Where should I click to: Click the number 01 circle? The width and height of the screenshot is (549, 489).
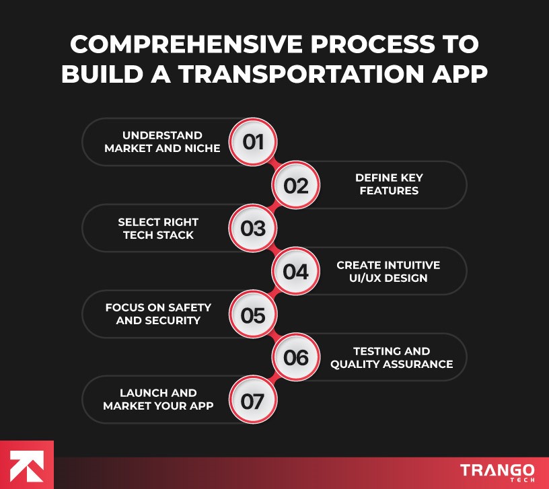tap(253, 142)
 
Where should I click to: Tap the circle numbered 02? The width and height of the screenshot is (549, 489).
tap(295, 185)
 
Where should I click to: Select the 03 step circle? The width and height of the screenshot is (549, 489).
tap(253, 229)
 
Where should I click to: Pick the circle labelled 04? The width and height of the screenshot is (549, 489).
tap(295, 272)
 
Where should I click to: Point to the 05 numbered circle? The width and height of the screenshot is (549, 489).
tap(253, 315)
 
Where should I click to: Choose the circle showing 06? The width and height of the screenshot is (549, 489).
tap(295, 358)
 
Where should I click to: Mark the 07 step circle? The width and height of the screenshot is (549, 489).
tap(253, 402)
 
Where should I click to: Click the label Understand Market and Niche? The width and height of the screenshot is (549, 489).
tap(162, 142)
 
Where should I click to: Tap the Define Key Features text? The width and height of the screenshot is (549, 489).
tap(389, 184)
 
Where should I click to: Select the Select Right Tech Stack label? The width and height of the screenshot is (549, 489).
tap(158, 229)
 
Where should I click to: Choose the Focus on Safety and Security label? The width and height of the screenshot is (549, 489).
tap(158, 314)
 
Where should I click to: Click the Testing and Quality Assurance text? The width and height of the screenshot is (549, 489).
tap(392, 358)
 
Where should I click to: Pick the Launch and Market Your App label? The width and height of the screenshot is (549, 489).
tap(158, 400)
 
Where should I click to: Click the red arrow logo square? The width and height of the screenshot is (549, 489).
tap(26, 465)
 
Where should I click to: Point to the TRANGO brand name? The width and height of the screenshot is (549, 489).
tap(497, 469)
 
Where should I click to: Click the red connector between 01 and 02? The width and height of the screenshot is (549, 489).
tap(274, 163)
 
